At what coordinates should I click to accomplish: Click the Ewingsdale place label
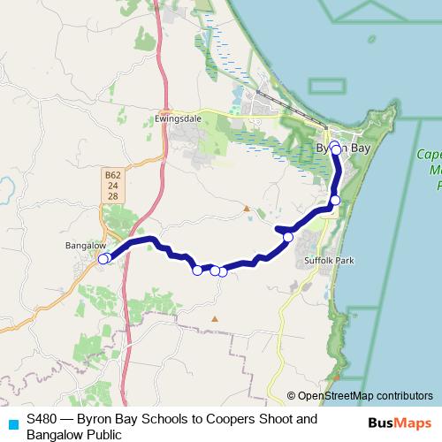[173, 117]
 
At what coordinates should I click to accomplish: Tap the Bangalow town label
[86, 245]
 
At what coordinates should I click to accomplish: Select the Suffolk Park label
[328, 262]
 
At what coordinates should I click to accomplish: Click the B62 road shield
[112, 176]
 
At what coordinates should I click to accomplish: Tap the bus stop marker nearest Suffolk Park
[287, 237]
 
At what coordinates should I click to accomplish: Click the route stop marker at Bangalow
[103, 259]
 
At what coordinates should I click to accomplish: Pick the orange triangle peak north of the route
[247, 209]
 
